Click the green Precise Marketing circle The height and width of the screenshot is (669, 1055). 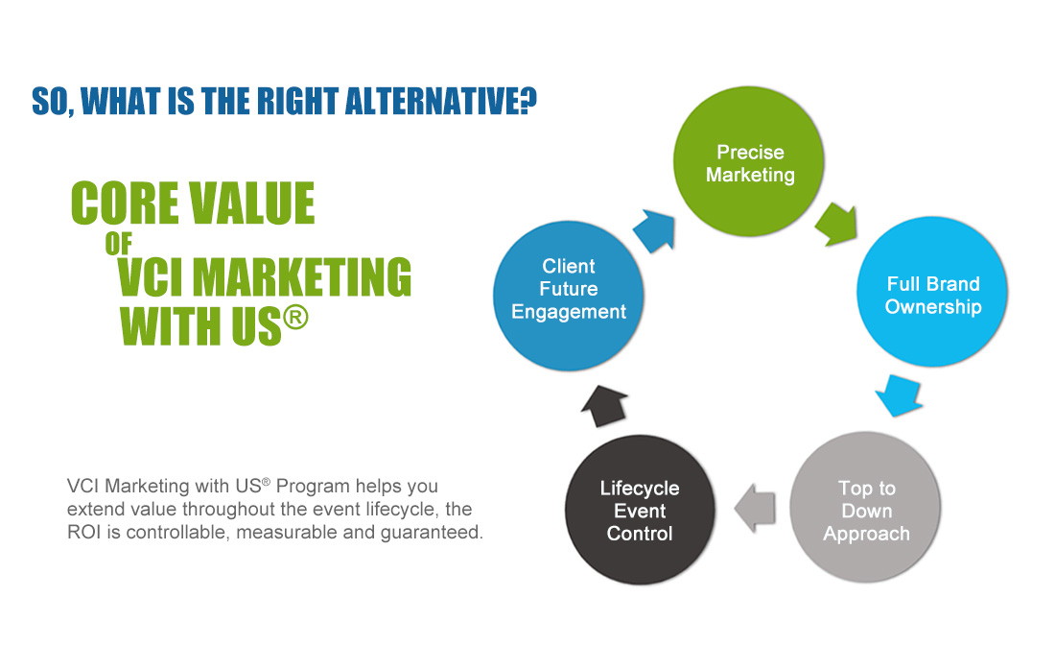point(749,161)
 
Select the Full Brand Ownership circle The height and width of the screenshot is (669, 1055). point(932,292)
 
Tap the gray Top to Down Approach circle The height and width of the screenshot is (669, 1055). point(865,508)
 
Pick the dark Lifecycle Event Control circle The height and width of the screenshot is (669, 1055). point(640,511)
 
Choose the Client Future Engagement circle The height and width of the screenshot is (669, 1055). point(569,297)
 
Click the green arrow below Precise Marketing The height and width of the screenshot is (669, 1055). point(836,225)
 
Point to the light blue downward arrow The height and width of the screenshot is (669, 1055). point(899,395)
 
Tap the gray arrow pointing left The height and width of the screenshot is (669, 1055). point(754,508)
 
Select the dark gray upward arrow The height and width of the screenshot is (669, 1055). point(604,406)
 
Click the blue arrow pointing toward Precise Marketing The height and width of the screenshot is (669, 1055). point(654,231)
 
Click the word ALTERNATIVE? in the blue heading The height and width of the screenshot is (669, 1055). point(441,102)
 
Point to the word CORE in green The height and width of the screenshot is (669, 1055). point(126,203)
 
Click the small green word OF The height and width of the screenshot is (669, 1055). point(118,244)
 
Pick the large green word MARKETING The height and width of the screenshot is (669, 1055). point(302,277)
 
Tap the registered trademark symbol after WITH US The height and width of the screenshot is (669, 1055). point(295,317)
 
